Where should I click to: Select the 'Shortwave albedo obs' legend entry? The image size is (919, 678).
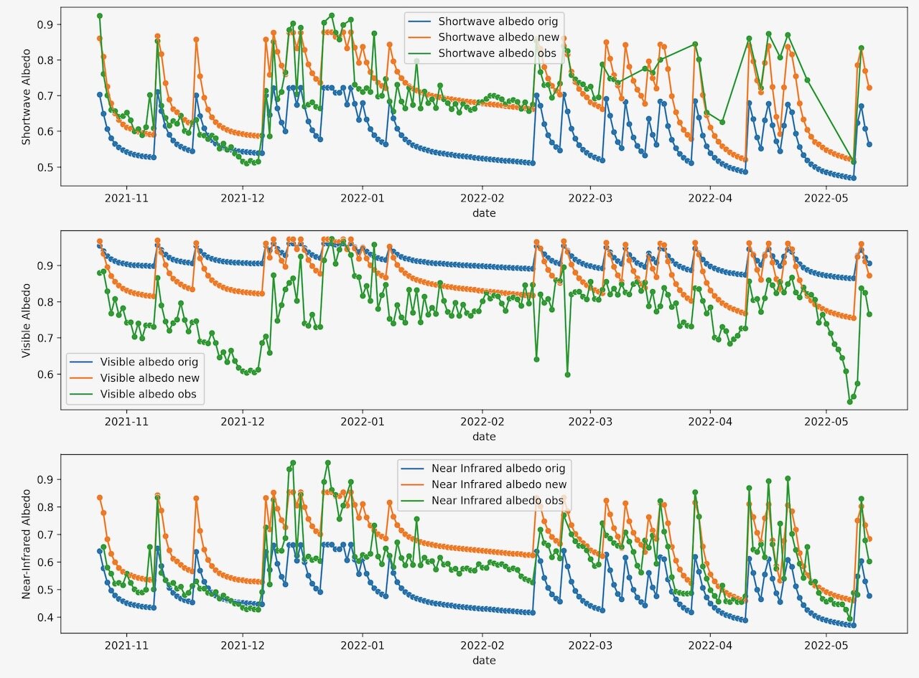click(496, 54)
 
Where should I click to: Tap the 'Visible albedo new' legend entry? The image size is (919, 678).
click(149, 378)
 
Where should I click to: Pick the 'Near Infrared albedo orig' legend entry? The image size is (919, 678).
click(498, 469)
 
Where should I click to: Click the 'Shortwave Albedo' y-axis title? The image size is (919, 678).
click(27, 96)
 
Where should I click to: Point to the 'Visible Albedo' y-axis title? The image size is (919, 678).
click(27, 319)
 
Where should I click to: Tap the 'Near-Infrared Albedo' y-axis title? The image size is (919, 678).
click(27, 543)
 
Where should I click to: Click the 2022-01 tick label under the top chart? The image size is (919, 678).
click(363, 197)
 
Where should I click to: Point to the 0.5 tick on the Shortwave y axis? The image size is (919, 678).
click(45, 167)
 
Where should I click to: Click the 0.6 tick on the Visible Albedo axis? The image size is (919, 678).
click(45, 374)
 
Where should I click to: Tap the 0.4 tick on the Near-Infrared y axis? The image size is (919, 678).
click(45, 617)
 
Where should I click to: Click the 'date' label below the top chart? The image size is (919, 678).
click(483, 213)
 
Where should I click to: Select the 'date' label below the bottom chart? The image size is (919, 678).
click(483, 660)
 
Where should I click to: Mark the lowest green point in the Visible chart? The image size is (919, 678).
click(849, 402)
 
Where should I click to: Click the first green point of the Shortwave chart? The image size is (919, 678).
click(100, 16)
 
